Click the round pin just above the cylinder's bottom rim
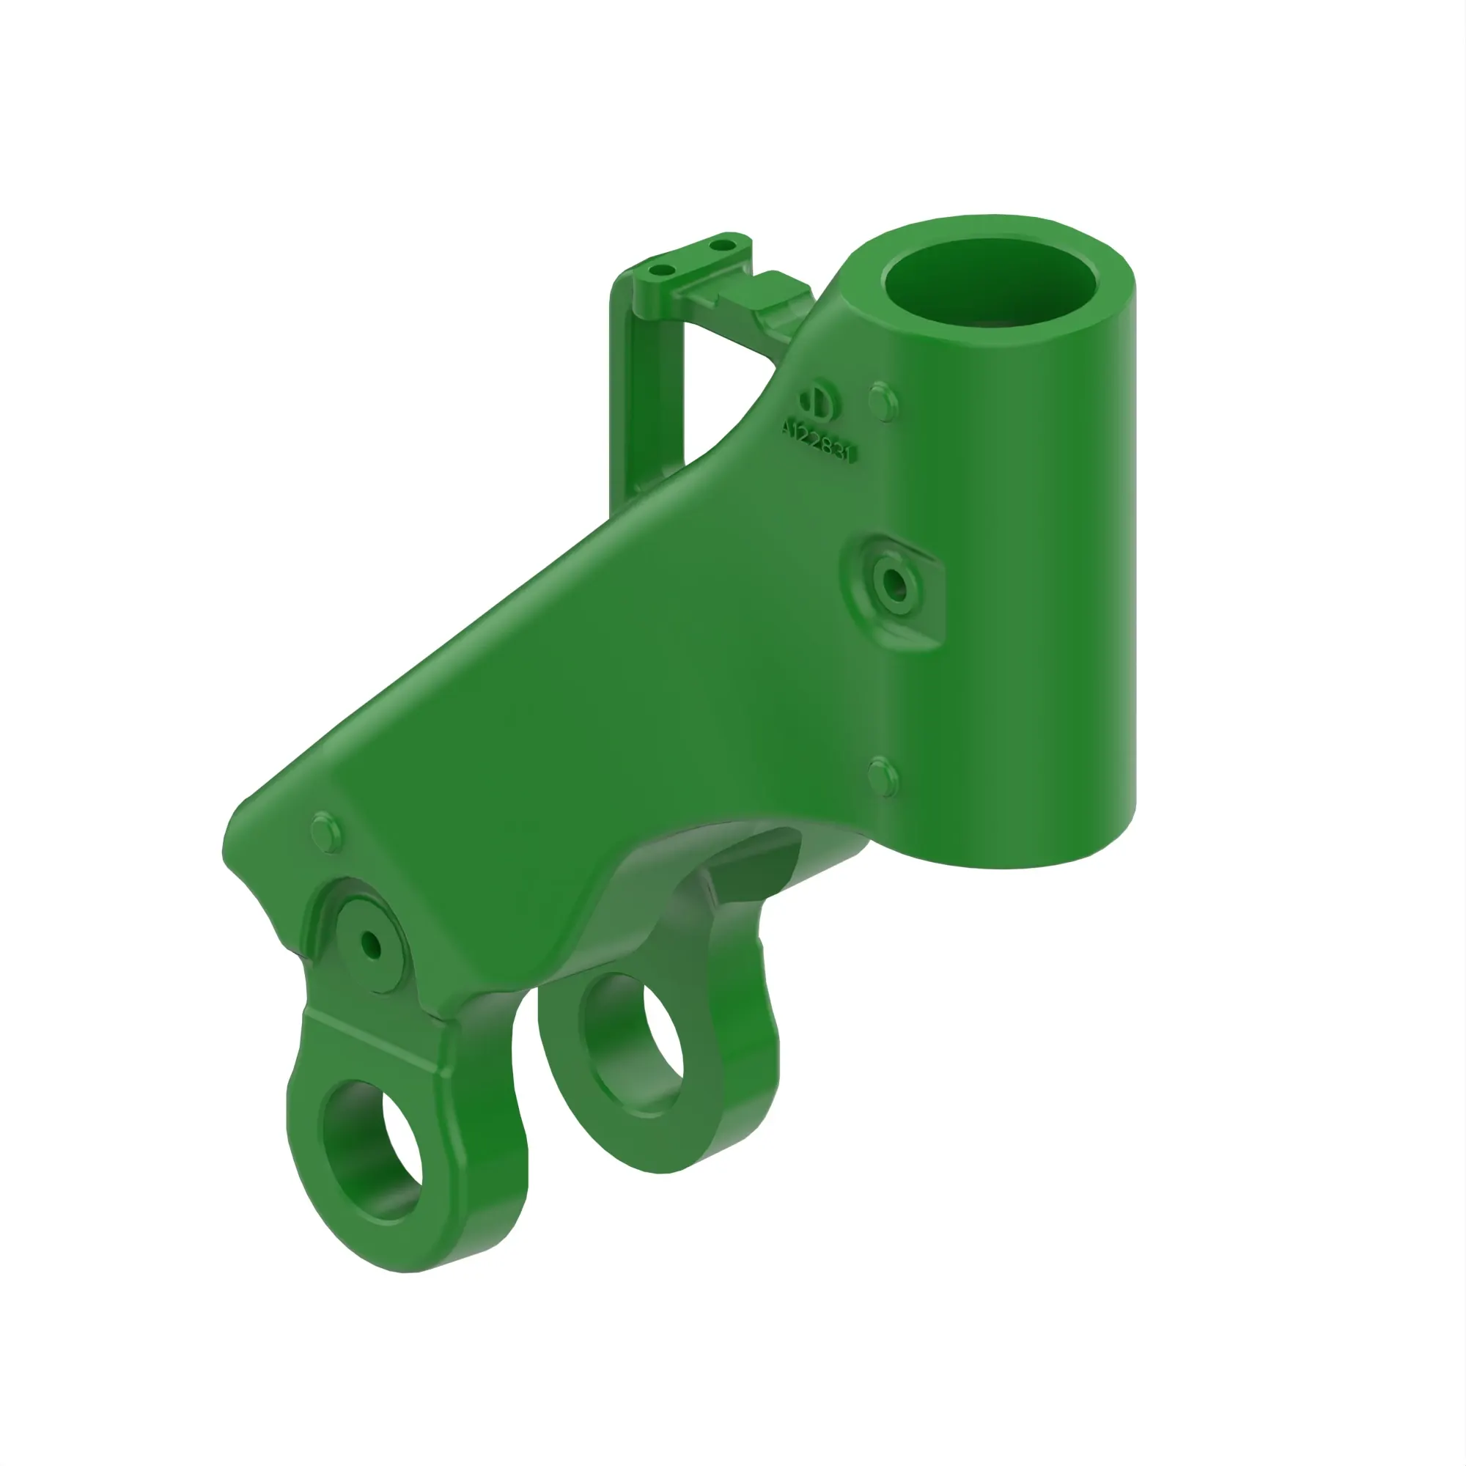click(883, 776)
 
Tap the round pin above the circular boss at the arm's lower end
click(327, 832)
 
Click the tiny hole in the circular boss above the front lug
click(371, 944)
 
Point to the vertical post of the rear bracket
click(627, 394)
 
